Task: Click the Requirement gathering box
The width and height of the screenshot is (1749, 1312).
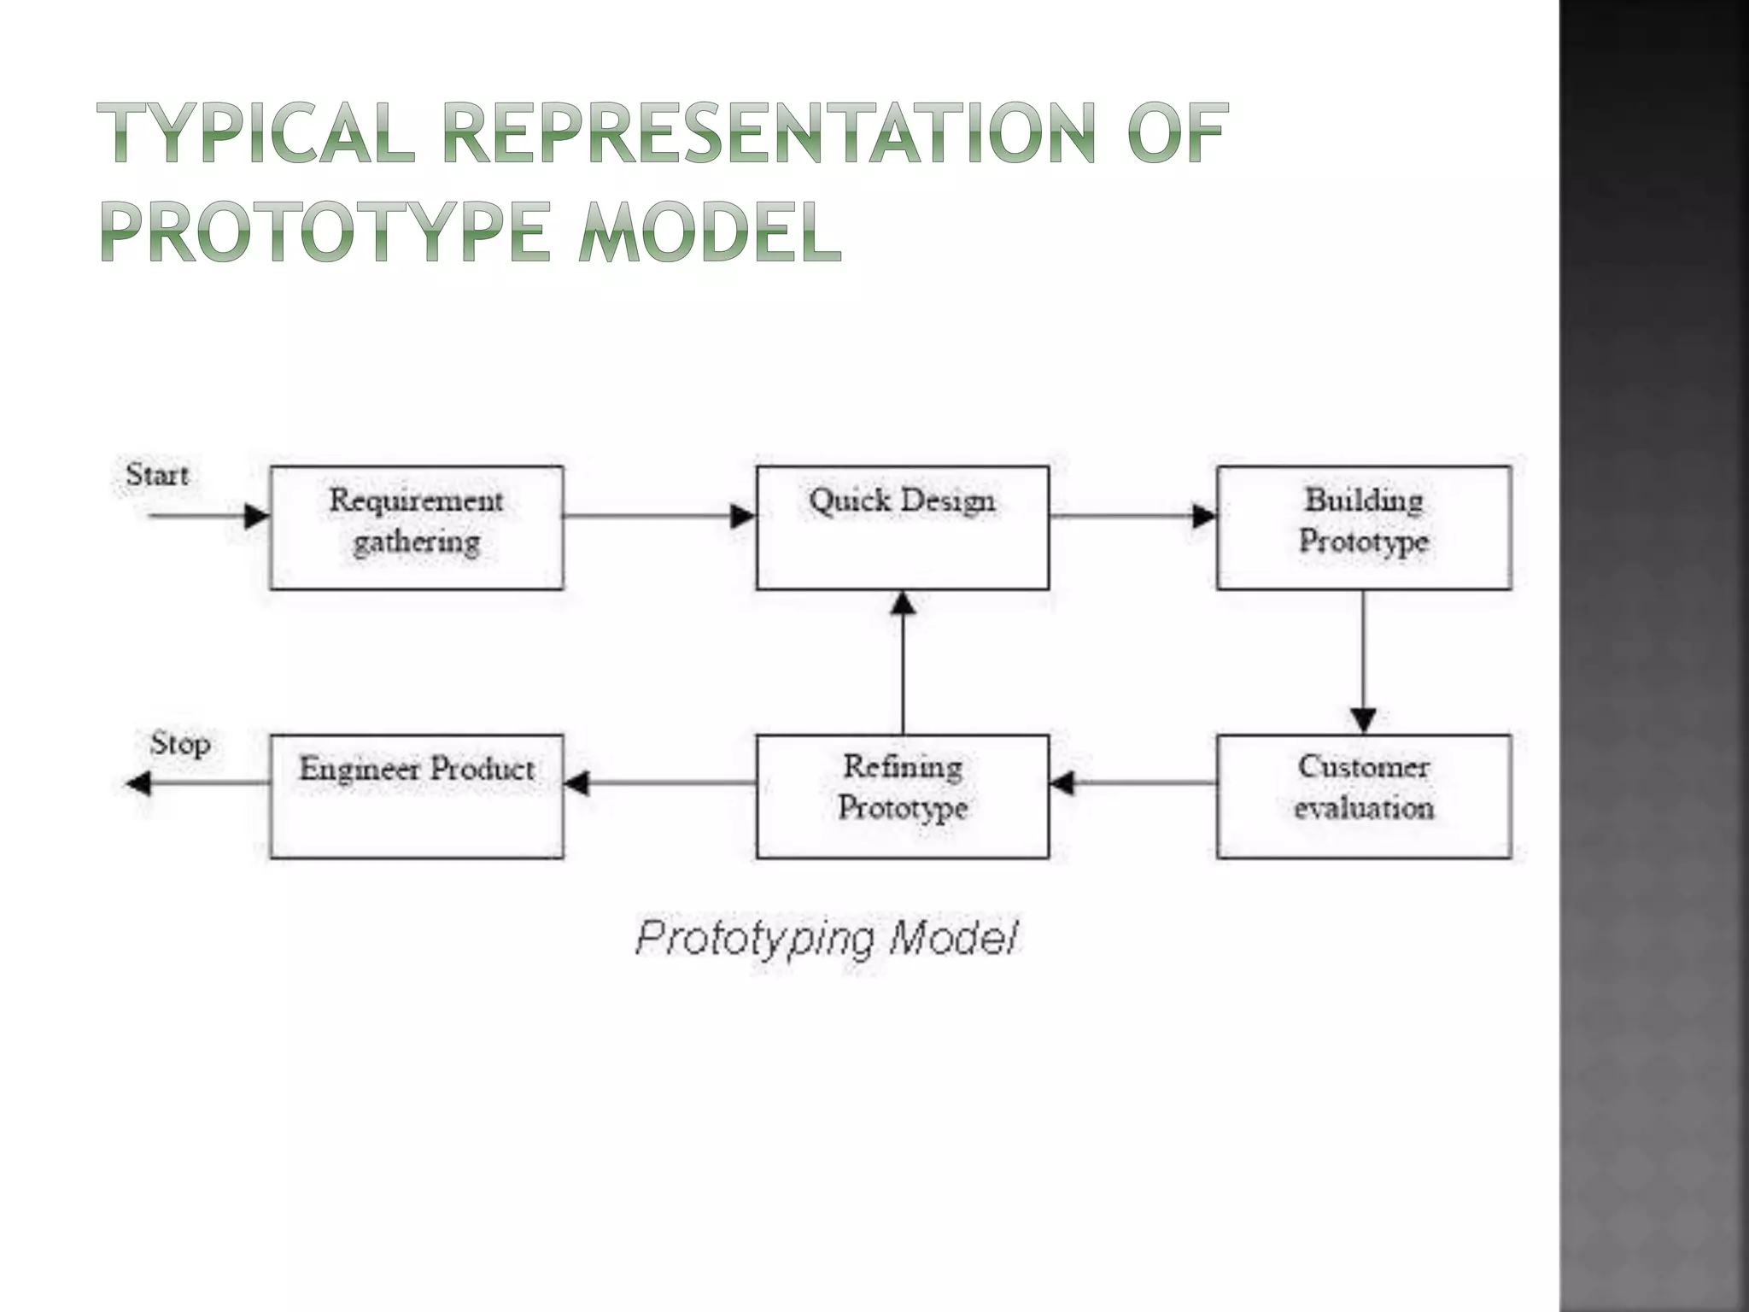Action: coord(417,528)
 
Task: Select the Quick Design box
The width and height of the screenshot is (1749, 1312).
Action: coord(903,528)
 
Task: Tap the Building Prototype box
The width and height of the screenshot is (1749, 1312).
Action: coord(1364,528)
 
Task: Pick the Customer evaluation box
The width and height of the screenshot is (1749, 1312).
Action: coord(1364,796)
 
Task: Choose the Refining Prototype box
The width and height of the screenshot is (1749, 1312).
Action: coord(903,796)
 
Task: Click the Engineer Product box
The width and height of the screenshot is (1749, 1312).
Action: coord(417,796)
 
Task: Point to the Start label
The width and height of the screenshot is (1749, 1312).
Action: coord(157,475)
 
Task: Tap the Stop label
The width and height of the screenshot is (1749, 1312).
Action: coord(180,743)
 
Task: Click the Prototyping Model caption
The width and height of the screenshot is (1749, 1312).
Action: coord(827,939)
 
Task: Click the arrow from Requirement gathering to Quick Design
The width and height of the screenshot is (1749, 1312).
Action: coord(658,516)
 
